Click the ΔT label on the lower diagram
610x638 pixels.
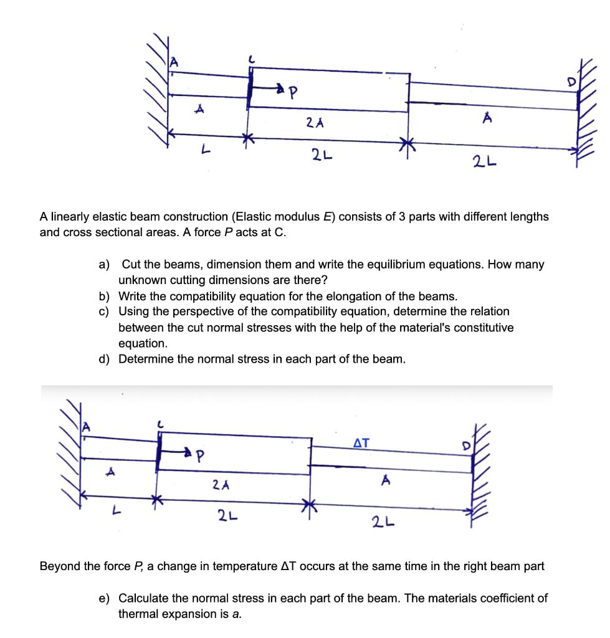[361, 444]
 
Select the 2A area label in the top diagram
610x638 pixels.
[315, 123]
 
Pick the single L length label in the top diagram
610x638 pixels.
[199, 147]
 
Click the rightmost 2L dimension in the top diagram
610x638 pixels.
[481, 163]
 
